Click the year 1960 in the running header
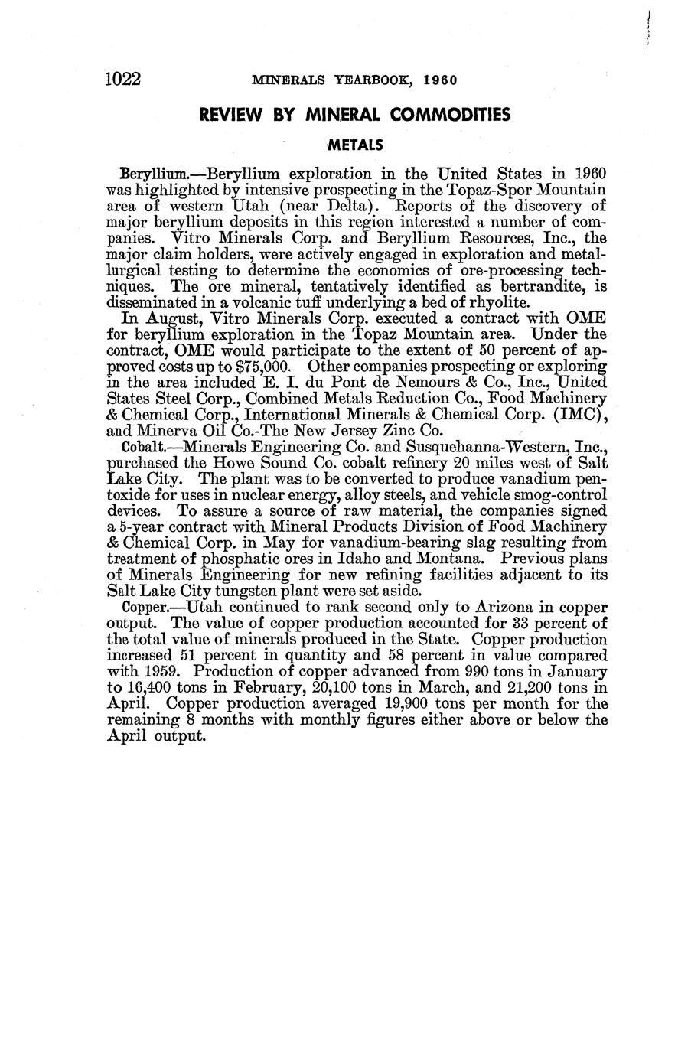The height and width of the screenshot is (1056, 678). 439,80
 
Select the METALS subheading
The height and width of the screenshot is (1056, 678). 355,145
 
